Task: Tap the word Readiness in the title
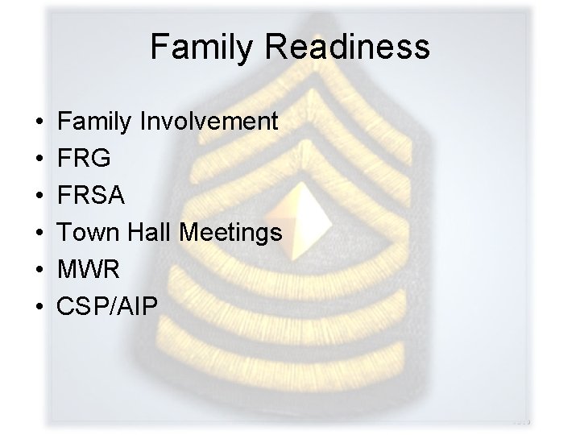click(x=350, y=48)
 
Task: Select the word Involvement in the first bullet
click(x=209, y=122)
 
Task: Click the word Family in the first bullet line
click(x=97, y=122)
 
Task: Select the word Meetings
click(x=231, y=233)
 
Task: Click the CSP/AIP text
click(x=109, y=307)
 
